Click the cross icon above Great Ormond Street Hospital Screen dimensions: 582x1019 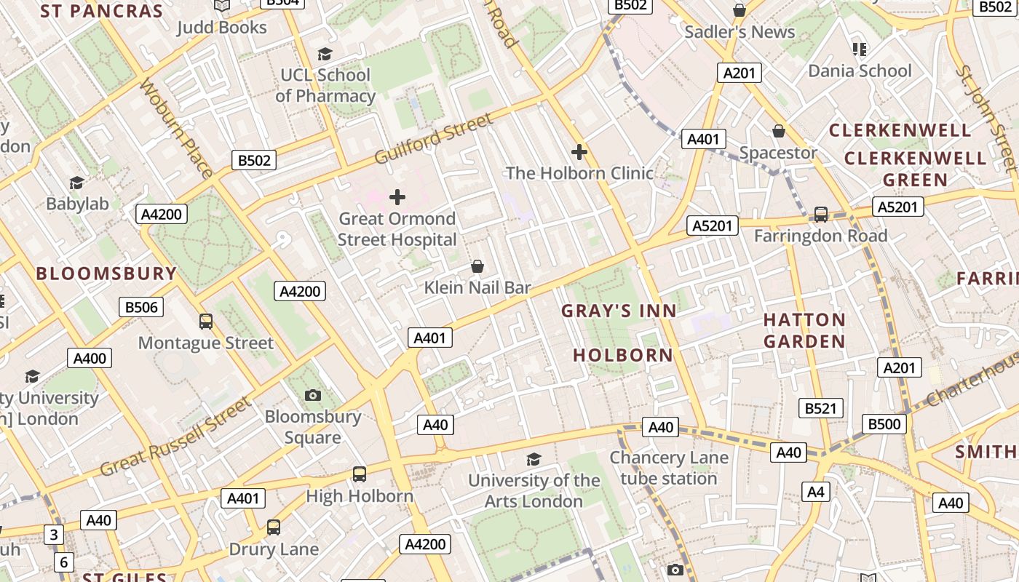(397, 196)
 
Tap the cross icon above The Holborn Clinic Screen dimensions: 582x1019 (579, 152)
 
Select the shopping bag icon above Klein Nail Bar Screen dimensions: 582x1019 (477, 266)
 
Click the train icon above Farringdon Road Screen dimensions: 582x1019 (821, 214)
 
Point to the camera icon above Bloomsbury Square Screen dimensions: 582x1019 (313, 395)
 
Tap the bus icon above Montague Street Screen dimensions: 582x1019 (206, 321)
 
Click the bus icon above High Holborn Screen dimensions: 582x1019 (360, 474)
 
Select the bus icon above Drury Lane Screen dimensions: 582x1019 (274, 527)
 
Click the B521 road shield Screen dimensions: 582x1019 (820, 408)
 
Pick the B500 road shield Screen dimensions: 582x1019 (884, 423)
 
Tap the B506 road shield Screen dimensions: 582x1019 (141, 307)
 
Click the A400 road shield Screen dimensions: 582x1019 (90, 358)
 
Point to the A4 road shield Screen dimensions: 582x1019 (816, 492)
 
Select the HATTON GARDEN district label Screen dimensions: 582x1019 (804, 330)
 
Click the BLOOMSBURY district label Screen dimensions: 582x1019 (106, 274)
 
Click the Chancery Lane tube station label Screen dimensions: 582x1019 (668, 468)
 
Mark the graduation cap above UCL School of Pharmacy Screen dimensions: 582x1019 (325, 54)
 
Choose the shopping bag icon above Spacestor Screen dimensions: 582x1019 (779, 131)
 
